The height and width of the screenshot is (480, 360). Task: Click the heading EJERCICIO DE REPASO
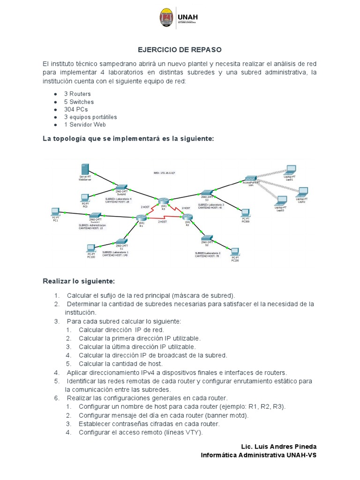click(180, 49)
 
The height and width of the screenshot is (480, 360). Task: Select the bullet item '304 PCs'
click(76, 109)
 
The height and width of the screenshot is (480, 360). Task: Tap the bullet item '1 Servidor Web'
click(85, 124)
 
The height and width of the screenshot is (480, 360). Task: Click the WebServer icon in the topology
click(85, 170)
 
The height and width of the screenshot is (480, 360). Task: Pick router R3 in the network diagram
click(163, 201)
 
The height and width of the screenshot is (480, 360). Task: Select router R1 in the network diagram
click(141, 217)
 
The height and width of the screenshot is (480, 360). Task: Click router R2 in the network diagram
click(187, 217)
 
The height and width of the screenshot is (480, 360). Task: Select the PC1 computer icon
click(55, 212)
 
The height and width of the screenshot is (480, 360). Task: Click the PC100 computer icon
click(91, 248)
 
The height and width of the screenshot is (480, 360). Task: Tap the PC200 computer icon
click(235, 252)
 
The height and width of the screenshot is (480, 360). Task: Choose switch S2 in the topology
click(207, 238)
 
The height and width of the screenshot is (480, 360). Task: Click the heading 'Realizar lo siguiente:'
click(78, 281)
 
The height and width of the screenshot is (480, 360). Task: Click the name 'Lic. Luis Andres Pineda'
click(278, 446)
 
